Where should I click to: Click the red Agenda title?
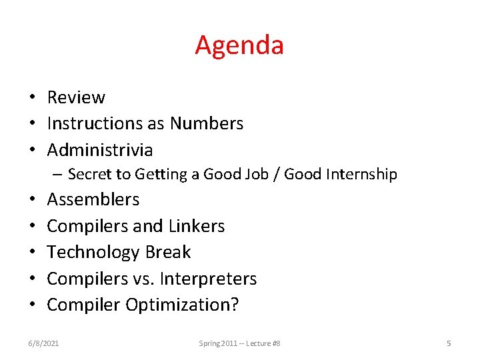tap(239, 45)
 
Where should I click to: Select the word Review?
tap(76, 97)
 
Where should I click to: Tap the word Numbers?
tap(207, 123)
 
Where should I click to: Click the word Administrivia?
tap(100, 150)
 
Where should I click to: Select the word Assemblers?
tap(93, 199)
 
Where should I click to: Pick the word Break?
tap(168, 252)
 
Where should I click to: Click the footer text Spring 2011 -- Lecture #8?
tap(239, 343)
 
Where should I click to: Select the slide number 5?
tap(449, 343)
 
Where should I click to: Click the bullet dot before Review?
tap(32, 98)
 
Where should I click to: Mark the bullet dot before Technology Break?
tap(32, 253)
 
